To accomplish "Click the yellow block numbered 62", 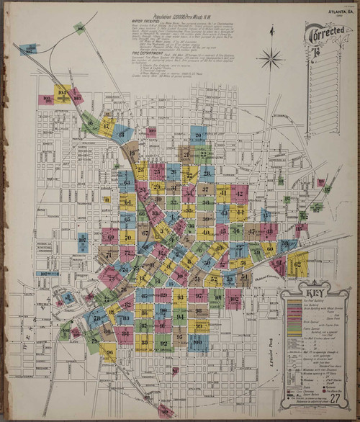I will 297,265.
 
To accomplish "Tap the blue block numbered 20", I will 199,134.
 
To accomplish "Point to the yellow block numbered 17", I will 107,127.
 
